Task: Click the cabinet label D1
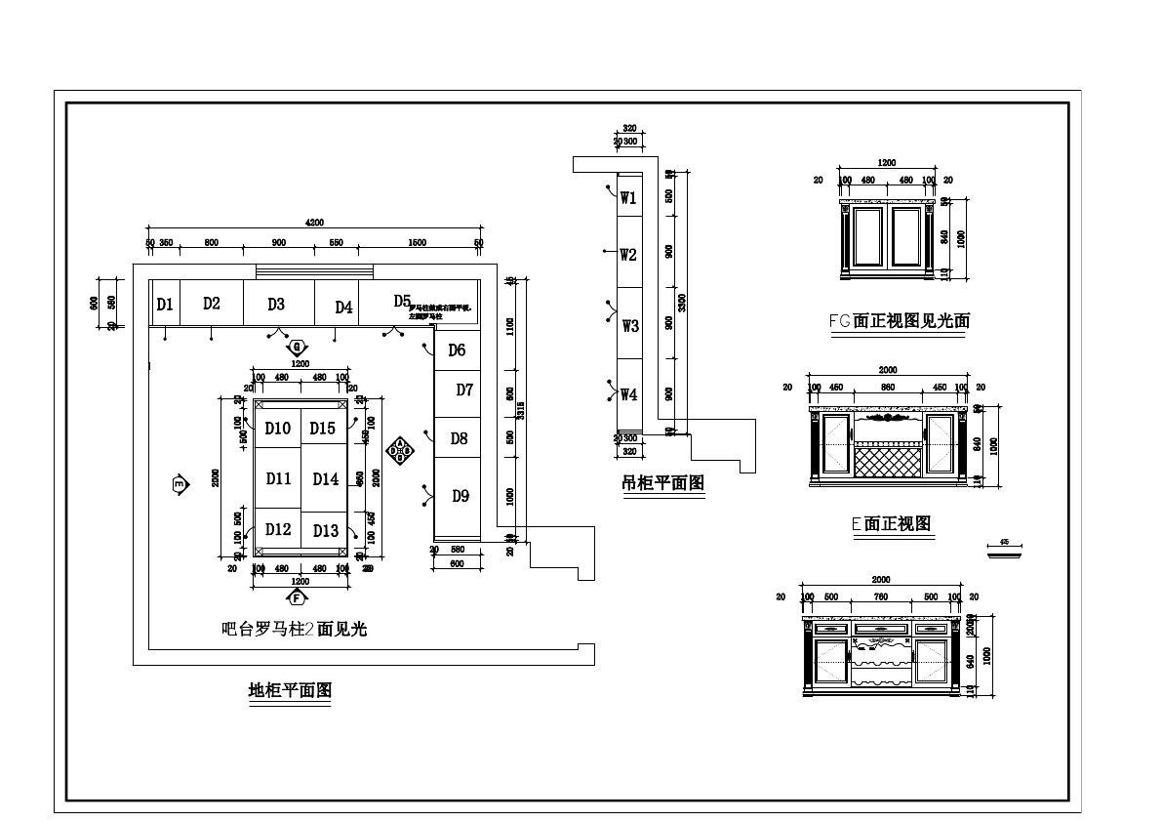[165, 305]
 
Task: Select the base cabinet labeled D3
[276, 304]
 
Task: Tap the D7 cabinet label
[464, 390]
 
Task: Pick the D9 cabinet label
[461, 496]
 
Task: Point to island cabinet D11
[278, 478]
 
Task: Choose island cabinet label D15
[323, 428]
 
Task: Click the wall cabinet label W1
[628, 198]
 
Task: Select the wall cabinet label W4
[628, 394]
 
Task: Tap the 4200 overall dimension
[314, 223]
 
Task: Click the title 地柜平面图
[290, 691]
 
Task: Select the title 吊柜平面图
[662, 482]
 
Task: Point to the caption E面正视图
[891, 524]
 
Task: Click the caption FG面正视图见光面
[899, 319]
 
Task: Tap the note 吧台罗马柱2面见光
[294, 630]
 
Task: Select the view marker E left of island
[179, 484]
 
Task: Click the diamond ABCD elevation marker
[399, 450]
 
